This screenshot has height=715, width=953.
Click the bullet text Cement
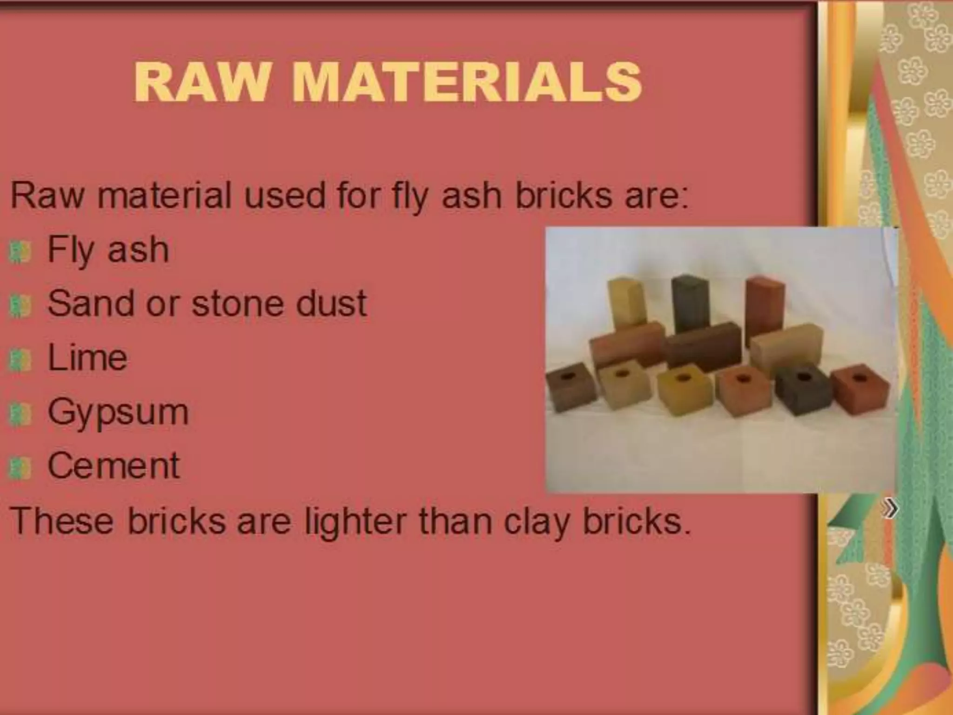[x=114, y=466]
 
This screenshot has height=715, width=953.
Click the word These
[x=62, y=521]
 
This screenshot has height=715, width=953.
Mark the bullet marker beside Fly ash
[x=20, y=252]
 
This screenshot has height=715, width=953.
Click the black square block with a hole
[x=799, y=389]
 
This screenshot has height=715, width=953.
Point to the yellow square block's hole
[x=684, y=377]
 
